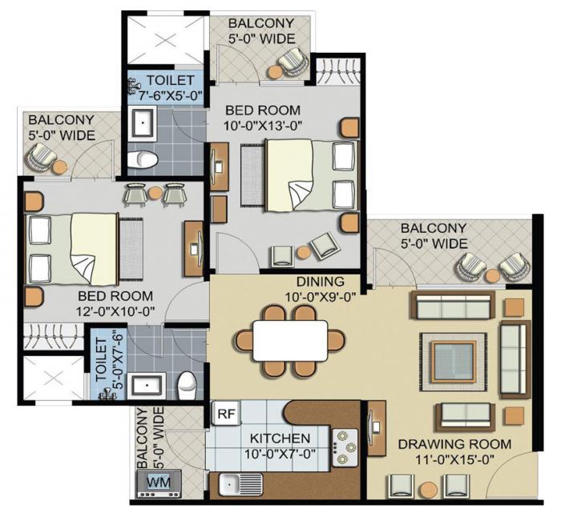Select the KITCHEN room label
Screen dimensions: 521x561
(280, 439)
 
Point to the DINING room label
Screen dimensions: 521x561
(320, 282)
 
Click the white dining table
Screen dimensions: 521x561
(290, 340)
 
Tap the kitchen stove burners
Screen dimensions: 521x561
(345, 447)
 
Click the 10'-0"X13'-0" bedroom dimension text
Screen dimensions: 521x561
(262, 125)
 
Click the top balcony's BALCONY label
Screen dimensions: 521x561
(261, 23)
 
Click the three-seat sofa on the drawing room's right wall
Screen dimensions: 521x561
(512, 358)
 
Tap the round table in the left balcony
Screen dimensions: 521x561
(60, 166)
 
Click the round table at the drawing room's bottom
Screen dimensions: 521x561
(429, 489)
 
